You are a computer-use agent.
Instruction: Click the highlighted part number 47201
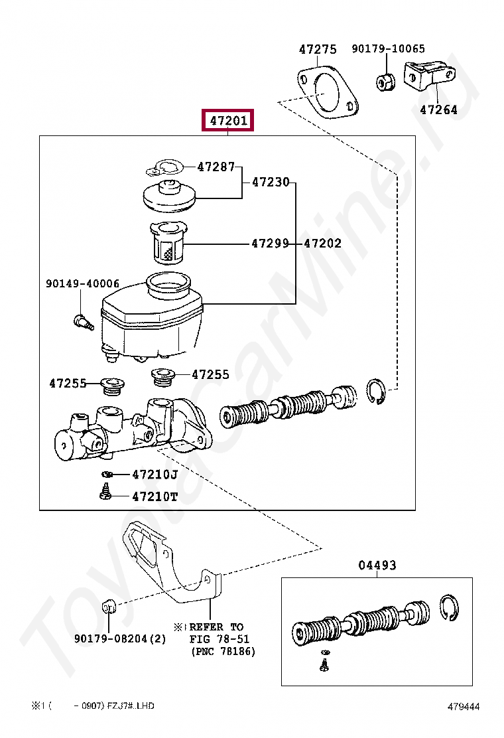point(228,121)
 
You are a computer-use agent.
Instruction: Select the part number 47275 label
point(318,49)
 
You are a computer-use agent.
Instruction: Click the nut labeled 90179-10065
point(385,82)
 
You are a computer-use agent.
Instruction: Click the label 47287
point(216,167)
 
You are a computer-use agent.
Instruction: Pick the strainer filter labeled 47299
point(167,243)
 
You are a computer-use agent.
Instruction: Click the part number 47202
point(323,244)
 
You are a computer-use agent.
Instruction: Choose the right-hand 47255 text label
point(210,374)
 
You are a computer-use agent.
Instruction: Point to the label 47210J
point(155,475)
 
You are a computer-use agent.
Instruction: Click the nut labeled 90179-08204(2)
point(108,607)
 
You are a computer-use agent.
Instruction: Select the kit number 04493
point(377,565)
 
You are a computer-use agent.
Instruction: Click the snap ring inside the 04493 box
point(450,609)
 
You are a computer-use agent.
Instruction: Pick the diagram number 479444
point(464,707)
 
